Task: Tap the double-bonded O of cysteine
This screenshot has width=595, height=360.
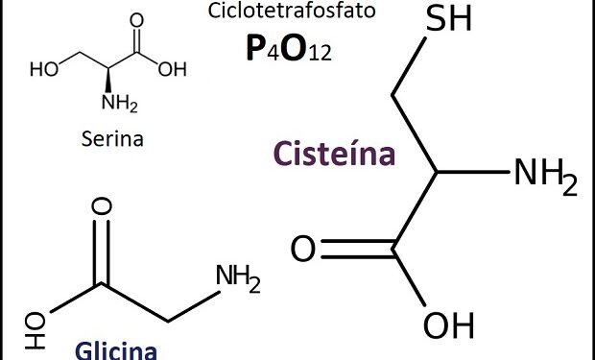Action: [x=303, y=251]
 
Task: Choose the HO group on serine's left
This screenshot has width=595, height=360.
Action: [x=43, y=70]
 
